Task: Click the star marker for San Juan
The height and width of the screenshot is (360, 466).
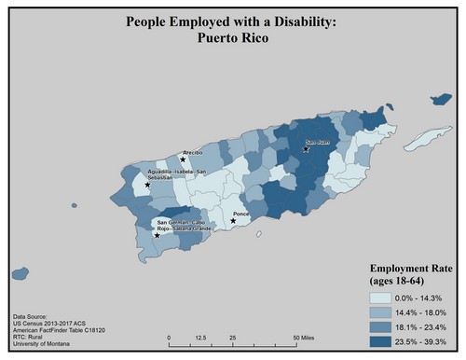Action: click(306, 149)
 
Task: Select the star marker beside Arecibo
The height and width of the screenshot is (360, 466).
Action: click(183, 160)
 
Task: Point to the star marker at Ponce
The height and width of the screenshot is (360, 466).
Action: click(233, 221)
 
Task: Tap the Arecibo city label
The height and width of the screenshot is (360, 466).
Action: click(193, 150)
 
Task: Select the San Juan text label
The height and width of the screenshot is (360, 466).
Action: click(318, 143)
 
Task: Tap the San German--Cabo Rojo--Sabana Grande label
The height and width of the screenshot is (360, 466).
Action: click(184, 225)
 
